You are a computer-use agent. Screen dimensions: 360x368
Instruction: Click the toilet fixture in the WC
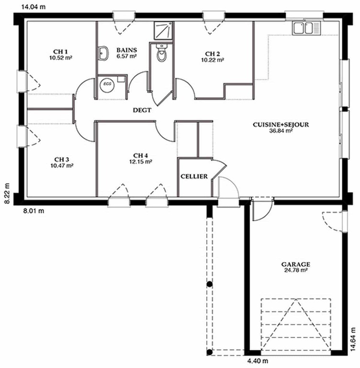pyautogui.click(x=161, y=53)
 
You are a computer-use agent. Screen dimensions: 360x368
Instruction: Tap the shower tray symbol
pyautogui.click(x=163, y=31)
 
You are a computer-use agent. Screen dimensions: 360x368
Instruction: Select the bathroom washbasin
pyautogui.click(x=103, y=53)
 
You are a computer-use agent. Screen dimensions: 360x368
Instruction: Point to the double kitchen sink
pyautogui.click(x=306, y=28)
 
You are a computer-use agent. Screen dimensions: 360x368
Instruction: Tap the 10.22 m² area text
pyautogui.click(x=213, y=60)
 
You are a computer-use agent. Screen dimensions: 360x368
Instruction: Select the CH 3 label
pyautogui.click(x=62, y=160)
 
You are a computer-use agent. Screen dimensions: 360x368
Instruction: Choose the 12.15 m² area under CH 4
pyautogui.click(x=141, y=161)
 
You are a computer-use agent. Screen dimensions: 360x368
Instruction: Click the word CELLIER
pyautogui.click(x=194, y=176)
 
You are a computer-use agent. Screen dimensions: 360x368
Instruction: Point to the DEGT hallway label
pyautogui.click(x=142, y=110)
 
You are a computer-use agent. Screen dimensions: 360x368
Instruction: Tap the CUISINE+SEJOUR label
pyautogui.click(x=281, y=125)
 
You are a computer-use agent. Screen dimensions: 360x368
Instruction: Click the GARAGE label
pyautogui.click(x=296, y=264)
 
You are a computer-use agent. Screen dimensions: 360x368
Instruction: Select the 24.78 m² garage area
pyautogui.click(x=296, y=270)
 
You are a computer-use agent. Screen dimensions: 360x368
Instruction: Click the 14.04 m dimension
pyautogui.click(x=34, y=7)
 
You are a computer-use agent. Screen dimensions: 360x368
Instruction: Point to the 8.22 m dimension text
pyautogui.click(x=8, y=193)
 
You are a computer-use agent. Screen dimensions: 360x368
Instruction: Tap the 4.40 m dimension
pyautogui.click(x=258, y=360)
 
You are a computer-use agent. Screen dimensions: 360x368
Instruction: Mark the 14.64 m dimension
pyautogui.click(x=354, y=339)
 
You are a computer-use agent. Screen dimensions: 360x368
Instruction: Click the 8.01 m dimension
pyautogui.click(x=34, y=211)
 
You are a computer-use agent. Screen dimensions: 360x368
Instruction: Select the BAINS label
pyautogui.click(x=127, y=50)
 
